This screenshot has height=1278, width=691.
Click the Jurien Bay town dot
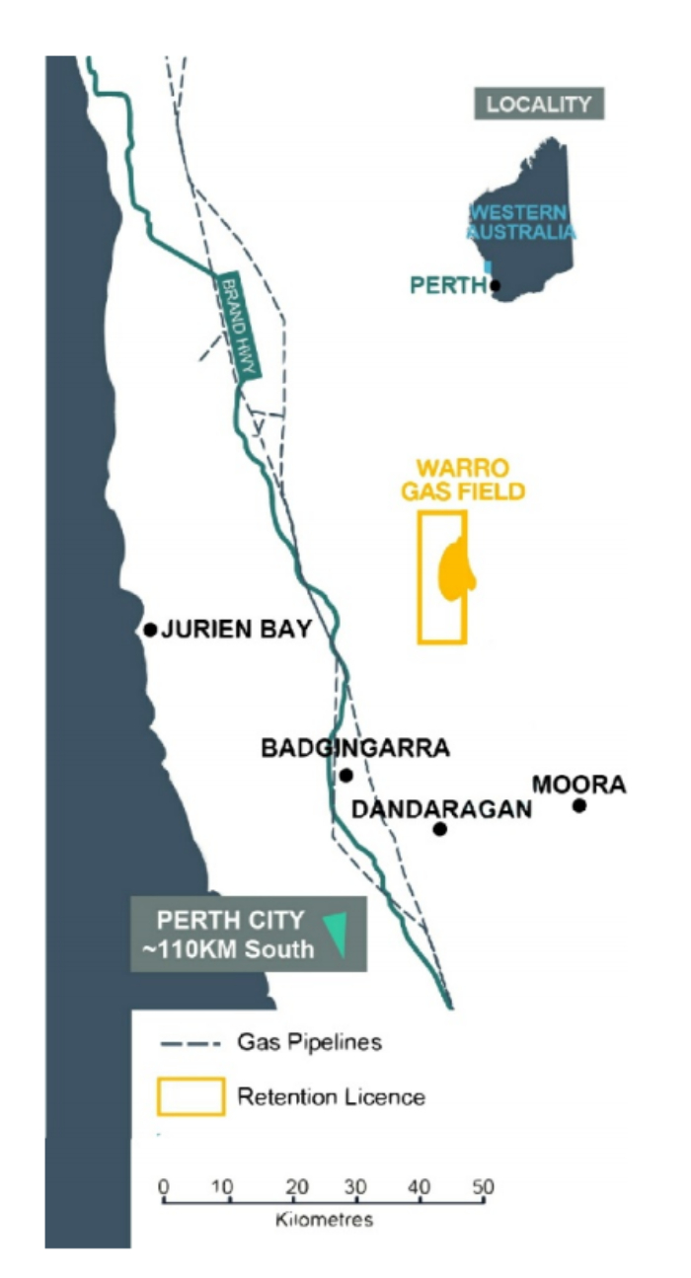click(x=150, y=629)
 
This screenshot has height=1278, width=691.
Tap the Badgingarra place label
click(x=354, y=748)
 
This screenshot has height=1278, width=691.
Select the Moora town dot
click(x=579, y=805)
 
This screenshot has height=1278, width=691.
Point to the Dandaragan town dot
click(x=440, y=829)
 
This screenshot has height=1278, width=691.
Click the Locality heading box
click(x=539, y=104)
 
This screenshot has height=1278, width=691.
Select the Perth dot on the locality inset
click(x=495, y=286)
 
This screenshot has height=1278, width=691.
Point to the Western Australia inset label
click(x=521, y=222)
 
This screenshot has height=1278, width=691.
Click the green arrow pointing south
click(x=338, y=933)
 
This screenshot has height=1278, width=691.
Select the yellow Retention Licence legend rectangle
click(x=191, y=1095)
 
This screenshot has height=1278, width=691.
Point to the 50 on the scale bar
click(x=482, y=1184)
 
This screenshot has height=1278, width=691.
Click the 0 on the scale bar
click(x=164, y=1184)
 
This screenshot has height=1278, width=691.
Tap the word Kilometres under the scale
click(x=325, y=1221)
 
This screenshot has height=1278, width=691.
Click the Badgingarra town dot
click(x=345, y=775)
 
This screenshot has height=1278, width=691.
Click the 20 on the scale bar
click(x=291, y=1184)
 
